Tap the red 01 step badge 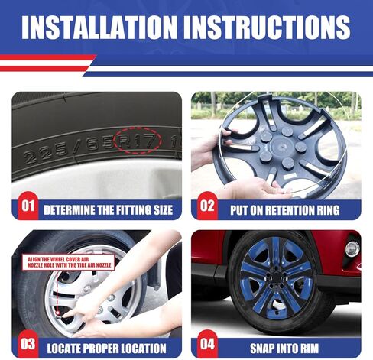(27, 206)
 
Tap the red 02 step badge (207, 206)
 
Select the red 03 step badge (27, 344)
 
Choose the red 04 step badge (207, 344)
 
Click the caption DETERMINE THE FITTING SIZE (107, 208)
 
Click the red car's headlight (351, 248)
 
